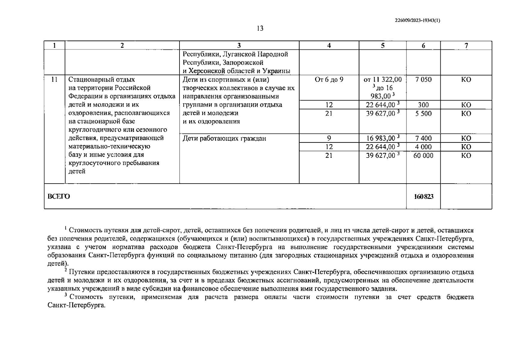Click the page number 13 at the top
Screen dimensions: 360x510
pos(260,28)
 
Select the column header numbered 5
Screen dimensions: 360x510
pos(383,46)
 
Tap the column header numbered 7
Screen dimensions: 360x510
pos(466,46)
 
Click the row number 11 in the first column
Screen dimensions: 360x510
pos(54,79)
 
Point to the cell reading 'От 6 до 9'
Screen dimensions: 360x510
pos(329,79)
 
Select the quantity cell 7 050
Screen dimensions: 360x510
pos(423,79)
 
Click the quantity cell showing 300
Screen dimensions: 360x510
pos(423,105)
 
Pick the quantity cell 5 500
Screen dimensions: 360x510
pos(423,113)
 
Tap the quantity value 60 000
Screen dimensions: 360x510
pos(423,155)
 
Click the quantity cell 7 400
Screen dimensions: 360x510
pos(423,138)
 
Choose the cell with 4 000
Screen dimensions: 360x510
pos(423,147)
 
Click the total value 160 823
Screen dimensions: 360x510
pos(424,196)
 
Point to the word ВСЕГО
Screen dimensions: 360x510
pos(59,196)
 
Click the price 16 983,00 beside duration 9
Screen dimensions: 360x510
pos(381,138)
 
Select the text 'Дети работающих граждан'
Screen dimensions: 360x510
pos(224,139)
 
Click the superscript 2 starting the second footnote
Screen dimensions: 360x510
pos(66,270)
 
